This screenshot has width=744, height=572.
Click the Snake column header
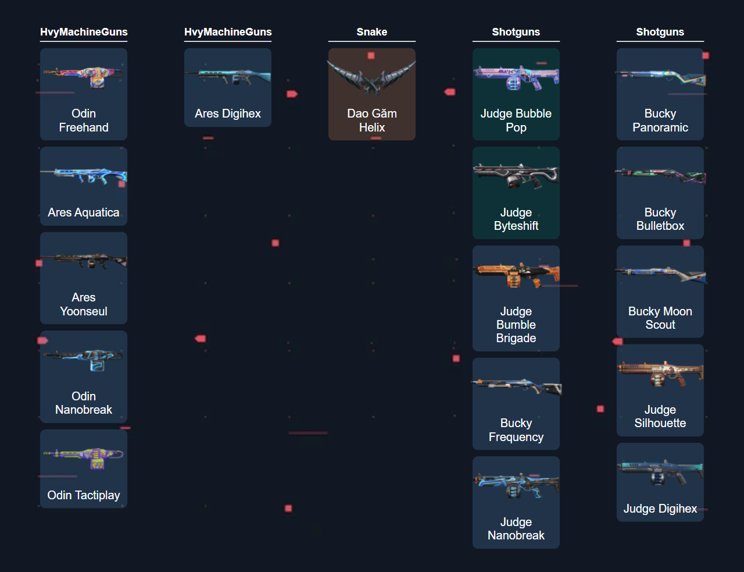tap(372, 32)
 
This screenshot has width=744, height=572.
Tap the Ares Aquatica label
tap(84, 212)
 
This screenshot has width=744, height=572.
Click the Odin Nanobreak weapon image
tap(84, 358)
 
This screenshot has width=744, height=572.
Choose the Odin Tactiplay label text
tap(84, 495)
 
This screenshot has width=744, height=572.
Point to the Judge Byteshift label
tap(516, 219)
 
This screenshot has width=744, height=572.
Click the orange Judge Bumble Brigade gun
tap(516, 274)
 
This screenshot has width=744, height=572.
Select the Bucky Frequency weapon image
tap(516, 386)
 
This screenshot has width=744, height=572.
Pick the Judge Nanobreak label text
tap(516, 528)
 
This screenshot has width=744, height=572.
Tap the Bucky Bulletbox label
tap(660, 219)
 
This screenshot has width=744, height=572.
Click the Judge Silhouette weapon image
tap(660, 372)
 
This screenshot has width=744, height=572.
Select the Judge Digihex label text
tap(660, 509)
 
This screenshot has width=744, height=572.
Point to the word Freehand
tap(84, 127)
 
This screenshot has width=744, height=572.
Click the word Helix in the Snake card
tap(372, 127)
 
